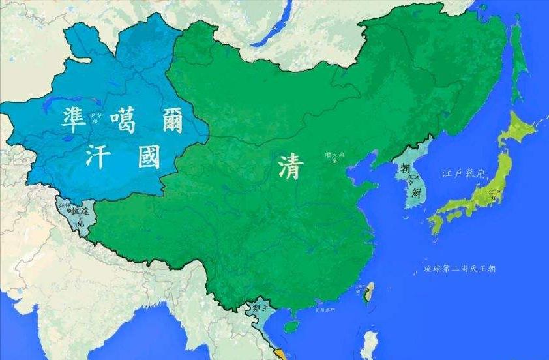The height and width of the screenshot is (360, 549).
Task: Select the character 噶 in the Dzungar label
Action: (x=123, y=121)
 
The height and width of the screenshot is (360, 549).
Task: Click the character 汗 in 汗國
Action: (x=98, y=157)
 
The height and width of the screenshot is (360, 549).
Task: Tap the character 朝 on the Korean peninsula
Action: (x=406, y=169)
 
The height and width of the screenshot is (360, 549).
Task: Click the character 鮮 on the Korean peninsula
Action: (x=416, y=192)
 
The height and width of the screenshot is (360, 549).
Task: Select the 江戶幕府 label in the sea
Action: (x=464, y=174)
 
